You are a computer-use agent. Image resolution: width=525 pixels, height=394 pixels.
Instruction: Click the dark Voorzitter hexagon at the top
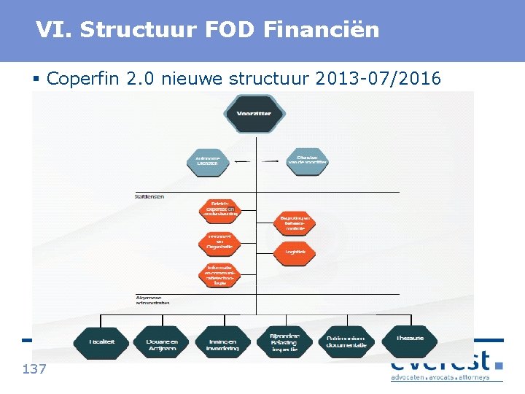tap(253, 114)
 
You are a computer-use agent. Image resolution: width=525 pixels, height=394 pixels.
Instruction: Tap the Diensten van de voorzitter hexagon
tap(306, 160)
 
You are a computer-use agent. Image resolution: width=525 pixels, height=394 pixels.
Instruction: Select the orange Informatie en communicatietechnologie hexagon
tap(219, 275)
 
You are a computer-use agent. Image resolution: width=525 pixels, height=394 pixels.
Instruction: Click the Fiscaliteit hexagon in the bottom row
tap(101, 341)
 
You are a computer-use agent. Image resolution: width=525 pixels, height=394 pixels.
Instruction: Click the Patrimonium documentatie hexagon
tap(346, 341)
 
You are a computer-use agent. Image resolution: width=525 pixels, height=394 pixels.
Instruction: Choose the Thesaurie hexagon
tap(408, 339)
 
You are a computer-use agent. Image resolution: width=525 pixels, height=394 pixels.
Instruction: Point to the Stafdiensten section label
tap(149, 196)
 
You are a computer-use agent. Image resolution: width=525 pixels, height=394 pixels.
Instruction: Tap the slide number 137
tap(34, 369)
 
